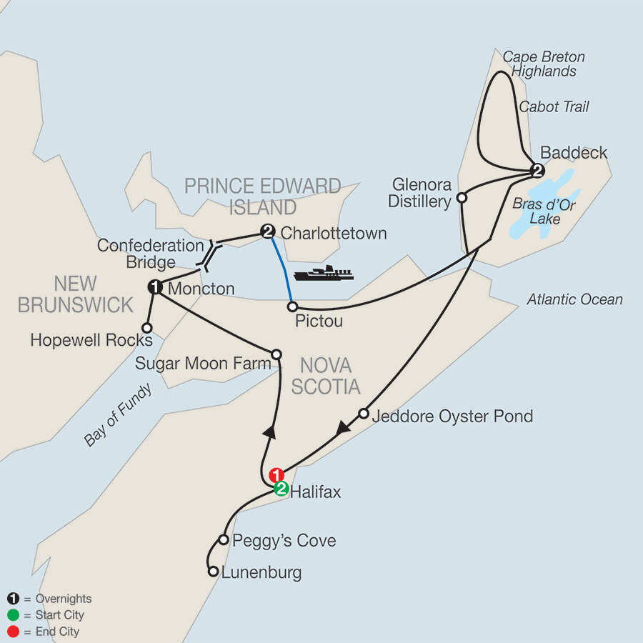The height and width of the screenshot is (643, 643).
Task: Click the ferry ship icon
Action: click(324, 273)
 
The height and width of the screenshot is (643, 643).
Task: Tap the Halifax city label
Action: click(313, 491)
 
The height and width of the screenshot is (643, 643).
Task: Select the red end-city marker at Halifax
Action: click(276, 475)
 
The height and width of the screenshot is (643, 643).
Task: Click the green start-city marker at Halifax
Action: click(281, 489)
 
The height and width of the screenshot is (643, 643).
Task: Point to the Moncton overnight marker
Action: click(155, 287)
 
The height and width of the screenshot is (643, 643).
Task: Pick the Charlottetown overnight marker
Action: click(268, 231)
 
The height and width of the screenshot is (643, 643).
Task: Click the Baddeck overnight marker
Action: click(537, 170)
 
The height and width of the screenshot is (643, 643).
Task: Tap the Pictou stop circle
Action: click(292, 306)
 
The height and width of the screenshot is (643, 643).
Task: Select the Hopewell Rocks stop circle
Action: click(146, 327)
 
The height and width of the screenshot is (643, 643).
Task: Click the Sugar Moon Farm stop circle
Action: click(276, 354)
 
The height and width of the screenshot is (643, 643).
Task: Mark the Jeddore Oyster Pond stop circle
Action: click(364, 414)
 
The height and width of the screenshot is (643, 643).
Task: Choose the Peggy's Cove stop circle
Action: click(224, 540)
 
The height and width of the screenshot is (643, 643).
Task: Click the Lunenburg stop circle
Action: click(212, 572)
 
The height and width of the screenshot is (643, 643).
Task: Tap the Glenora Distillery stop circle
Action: click(462, 197)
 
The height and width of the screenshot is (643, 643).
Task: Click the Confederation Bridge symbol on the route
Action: click(211, 256)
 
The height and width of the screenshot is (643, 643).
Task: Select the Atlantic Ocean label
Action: click(574, 300)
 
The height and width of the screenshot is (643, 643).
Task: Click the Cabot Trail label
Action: click(554, 106)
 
